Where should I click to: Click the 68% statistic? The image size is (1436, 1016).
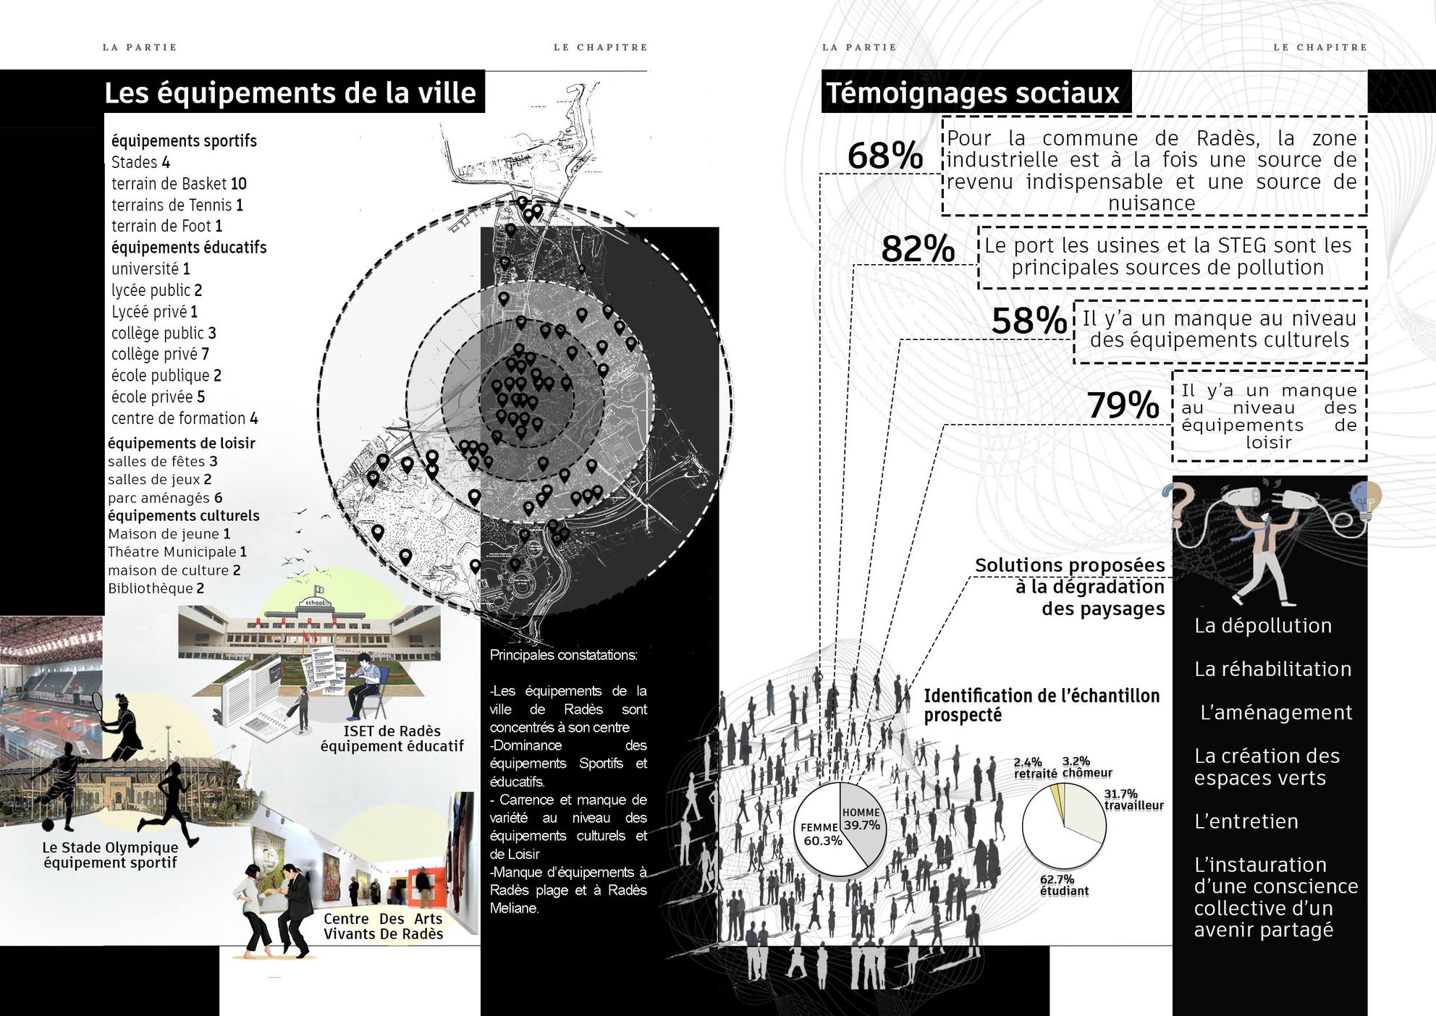884,156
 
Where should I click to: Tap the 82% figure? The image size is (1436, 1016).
918,250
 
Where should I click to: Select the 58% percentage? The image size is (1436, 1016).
1029,321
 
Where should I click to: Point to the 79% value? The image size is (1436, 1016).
1123,405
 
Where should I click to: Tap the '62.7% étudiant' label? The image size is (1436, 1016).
1063,885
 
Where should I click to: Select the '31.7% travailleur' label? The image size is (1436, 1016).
1133,800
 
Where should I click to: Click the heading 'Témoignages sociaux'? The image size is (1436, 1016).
973,93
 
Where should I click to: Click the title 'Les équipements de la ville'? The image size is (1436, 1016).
290,93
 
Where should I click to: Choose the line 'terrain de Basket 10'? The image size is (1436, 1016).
179,184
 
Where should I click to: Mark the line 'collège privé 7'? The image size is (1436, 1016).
160,354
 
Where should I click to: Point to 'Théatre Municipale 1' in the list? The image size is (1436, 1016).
177,552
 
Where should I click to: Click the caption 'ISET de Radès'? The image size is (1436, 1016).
392,731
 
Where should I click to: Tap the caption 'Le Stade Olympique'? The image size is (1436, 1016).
110,847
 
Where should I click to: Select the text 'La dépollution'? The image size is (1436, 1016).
1262,626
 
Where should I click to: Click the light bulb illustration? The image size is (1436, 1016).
1366,500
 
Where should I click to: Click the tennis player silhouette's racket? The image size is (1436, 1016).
98,703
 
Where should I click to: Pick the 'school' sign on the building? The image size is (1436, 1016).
316,603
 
